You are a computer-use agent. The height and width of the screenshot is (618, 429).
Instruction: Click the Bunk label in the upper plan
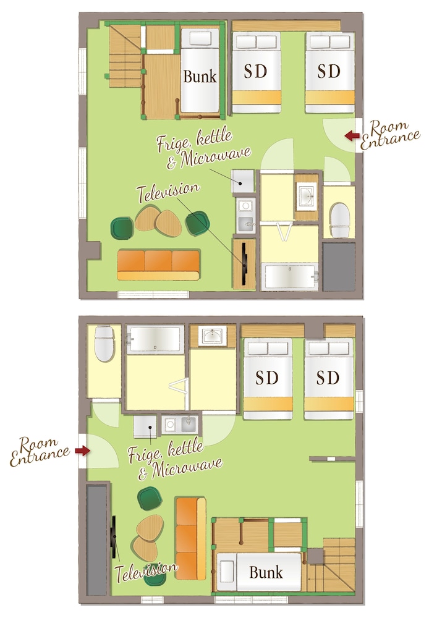(x=200, y=77)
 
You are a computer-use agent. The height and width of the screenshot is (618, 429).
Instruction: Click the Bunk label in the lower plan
(x=266, y=572)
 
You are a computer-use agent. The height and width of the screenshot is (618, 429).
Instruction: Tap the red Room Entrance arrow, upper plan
(x=352, y=135)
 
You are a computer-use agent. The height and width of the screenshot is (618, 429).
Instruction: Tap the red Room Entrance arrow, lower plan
(x=82, y=451)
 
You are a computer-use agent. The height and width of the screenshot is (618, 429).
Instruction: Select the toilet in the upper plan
(x=339, y=220)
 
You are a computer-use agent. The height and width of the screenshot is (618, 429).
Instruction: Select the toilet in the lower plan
(x=104, y=343)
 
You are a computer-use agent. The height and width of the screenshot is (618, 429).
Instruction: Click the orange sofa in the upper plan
(x=158, y=265)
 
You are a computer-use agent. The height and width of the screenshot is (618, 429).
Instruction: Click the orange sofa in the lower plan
(x=191, y=538)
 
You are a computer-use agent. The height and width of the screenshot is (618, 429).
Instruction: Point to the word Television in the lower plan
(x=146, y=572)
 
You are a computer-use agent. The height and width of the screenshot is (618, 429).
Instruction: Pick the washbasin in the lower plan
(x=213, y=336)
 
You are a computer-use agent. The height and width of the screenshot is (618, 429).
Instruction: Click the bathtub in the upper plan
(x=290, y=276)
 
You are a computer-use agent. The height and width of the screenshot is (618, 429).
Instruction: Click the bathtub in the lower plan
(x=155, y=339)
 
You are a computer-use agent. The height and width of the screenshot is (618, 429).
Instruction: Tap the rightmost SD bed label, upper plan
(x=329, y=71)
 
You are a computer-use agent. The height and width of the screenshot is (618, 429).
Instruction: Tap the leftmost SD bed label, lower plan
(x=267, y=377)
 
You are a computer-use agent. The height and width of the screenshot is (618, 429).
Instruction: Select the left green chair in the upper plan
(x=122, y=228)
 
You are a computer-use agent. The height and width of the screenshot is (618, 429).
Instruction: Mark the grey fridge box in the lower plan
(x=145, y=426)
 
